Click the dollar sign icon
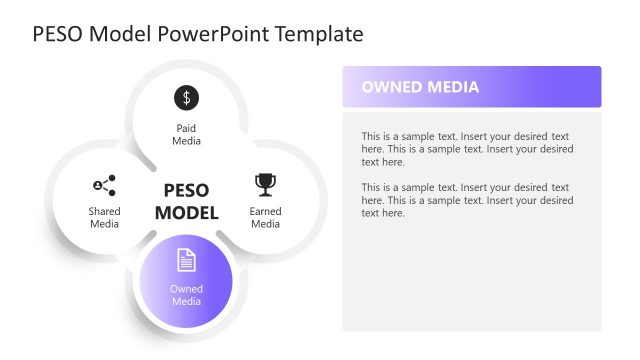click(186, 97)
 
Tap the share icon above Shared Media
click(104, 185)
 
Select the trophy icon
click(265, 184)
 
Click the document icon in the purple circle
click(186, 260)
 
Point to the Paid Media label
click(186, 135)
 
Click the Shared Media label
click(104, 218)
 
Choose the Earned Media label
click(265, 218)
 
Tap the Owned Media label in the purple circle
click(186, 295)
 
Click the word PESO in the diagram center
click(186, 190)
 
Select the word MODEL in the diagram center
click(186, 212)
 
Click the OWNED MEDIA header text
click(420, 87)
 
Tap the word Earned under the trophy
click(265, 212)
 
